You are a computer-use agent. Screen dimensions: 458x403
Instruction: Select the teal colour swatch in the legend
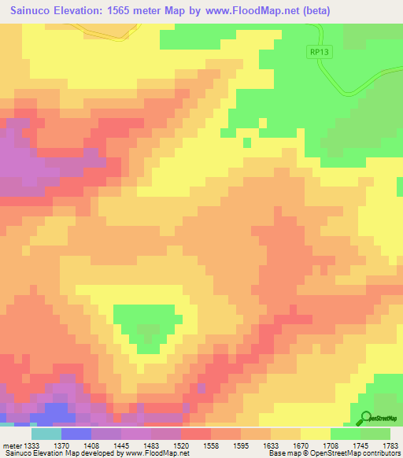tap(46, 433)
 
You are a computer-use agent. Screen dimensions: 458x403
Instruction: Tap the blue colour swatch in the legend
tap(76, 433)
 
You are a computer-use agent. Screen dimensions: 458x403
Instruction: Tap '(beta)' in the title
tap(313, 10)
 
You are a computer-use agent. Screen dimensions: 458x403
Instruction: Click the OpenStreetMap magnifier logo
tap(366, 417)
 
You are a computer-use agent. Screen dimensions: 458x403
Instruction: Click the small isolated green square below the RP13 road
tap(246, 142)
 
